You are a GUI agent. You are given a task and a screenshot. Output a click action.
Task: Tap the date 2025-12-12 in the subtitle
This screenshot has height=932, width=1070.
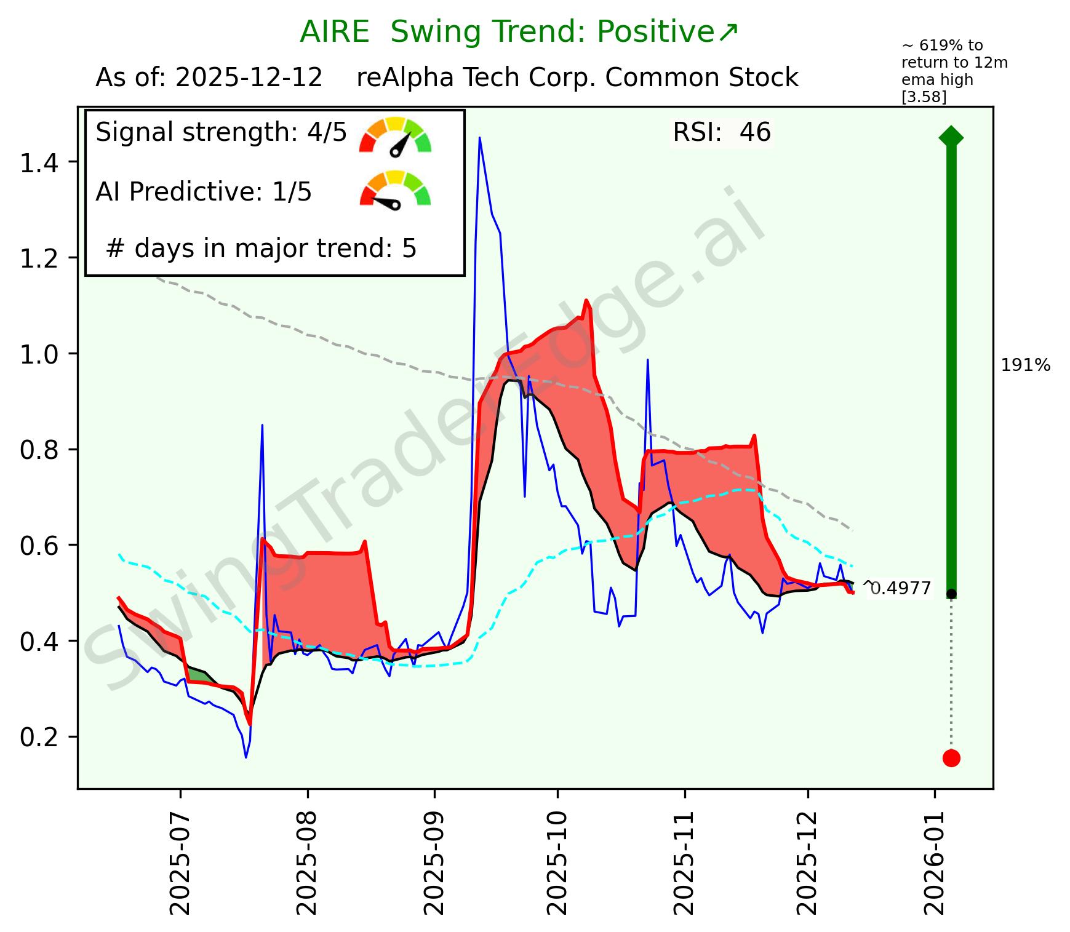click(x=249, y=78)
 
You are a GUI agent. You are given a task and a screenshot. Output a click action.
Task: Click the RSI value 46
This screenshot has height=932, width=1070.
click(x=755, y=132)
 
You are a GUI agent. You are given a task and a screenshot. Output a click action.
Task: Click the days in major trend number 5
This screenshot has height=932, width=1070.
click(x=409, y=249)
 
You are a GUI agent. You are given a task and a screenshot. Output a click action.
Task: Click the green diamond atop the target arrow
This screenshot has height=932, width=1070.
click(x=951, y=137)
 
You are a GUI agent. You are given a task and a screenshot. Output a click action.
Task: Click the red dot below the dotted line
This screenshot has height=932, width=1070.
click(x=951, y=758)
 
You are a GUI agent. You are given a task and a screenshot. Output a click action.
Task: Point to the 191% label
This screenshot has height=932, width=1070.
click(x=1026, y=365)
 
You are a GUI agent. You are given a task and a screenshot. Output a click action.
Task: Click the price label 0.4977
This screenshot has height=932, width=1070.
click(x=900, y=589)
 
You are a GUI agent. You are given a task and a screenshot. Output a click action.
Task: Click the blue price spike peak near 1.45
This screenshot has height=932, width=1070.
click(x=479, y=138)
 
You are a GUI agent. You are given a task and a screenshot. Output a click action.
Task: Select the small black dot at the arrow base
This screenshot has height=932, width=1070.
click(x=951, y=594)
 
